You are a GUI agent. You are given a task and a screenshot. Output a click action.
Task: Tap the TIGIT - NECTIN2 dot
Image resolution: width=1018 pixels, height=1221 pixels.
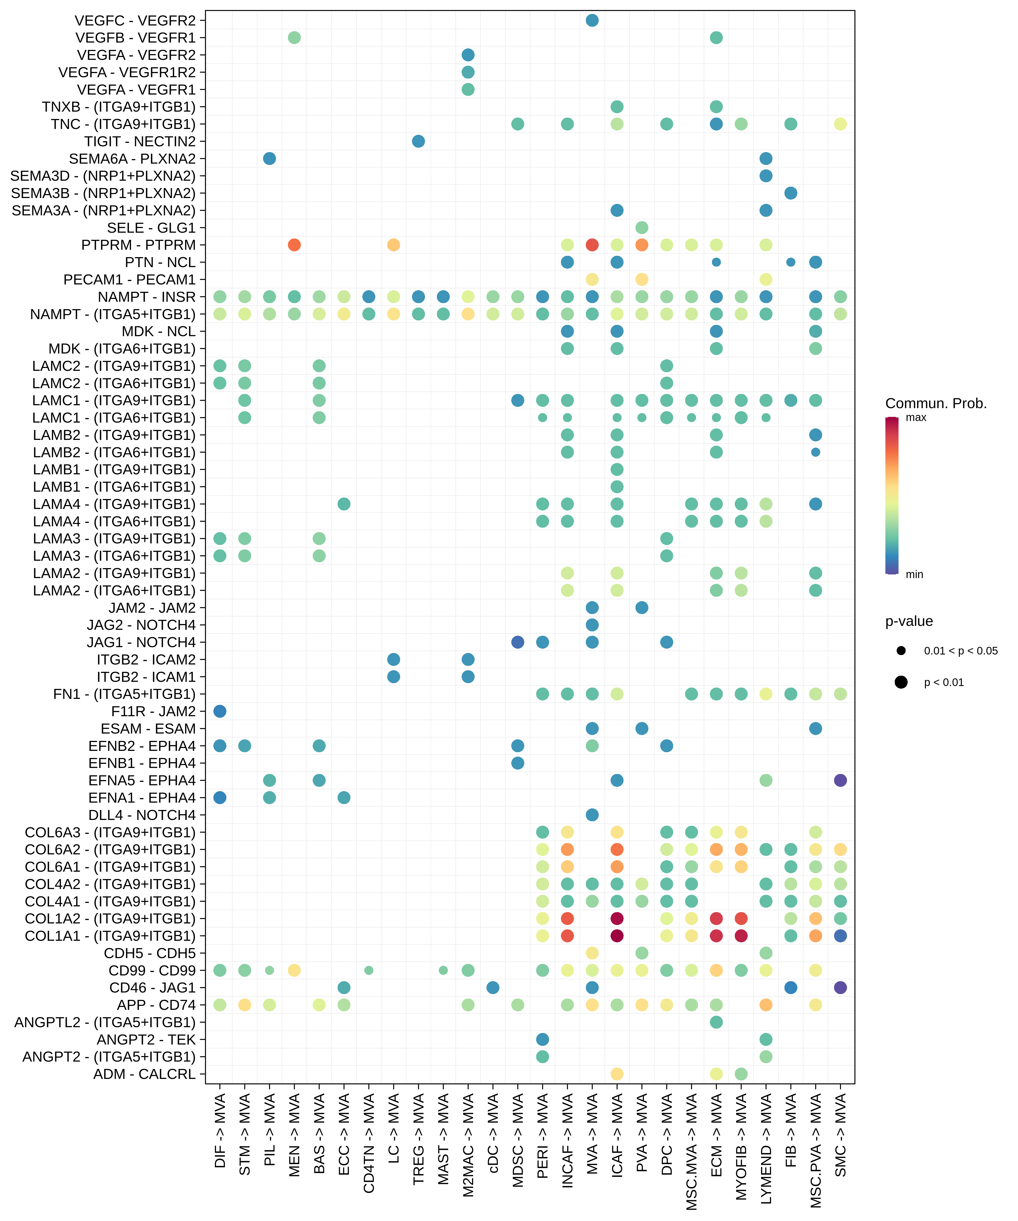click(418, 141)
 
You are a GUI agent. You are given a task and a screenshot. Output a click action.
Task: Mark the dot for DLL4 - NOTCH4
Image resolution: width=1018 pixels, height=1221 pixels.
click(592, 815)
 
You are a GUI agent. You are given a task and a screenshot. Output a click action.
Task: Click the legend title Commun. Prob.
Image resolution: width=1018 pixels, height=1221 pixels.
click(936, 403)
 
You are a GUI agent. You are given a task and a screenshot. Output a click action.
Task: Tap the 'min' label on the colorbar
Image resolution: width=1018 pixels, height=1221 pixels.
click(914, 574)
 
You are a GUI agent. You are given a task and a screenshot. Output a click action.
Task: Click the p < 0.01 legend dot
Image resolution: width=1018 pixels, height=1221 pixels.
click(901, 682)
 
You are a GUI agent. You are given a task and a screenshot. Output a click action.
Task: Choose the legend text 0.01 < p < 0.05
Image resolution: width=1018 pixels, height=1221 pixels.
click(960, 651)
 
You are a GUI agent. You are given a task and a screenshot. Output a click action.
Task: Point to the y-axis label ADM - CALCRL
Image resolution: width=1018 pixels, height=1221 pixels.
click(144, 1074)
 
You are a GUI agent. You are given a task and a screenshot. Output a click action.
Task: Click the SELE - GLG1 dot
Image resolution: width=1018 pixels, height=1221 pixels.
click(642, 227)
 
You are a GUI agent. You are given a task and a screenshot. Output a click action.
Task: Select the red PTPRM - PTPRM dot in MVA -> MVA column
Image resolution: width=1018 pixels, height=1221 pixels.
click(592, 245)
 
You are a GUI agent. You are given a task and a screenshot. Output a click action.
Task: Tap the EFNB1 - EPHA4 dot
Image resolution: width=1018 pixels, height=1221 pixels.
click(518, 763)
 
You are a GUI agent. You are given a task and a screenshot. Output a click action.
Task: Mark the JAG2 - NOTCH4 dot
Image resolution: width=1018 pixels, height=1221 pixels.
click(592, 625)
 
